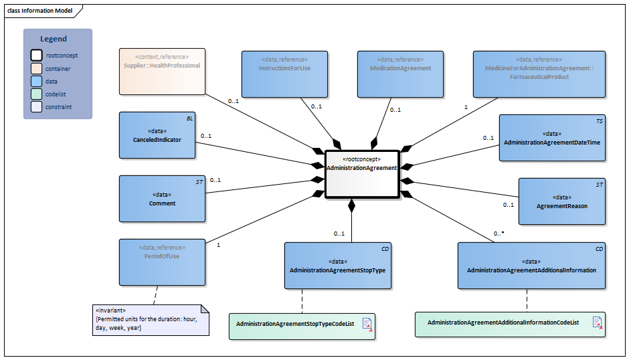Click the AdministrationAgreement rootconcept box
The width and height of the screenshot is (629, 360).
tap(361, 173)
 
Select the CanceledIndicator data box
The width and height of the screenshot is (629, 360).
tap(157, 135)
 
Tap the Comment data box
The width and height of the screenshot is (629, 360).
tap(162, 199)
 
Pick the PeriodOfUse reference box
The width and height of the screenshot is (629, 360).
tap(162, 262)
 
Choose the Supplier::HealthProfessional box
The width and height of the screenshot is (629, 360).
tap(162, 71)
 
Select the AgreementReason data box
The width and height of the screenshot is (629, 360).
tap(562, 201)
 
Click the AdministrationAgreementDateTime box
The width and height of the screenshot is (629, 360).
tap(552, 138)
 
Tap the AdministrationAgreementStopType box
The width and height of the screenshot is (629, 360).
tap(337, 266)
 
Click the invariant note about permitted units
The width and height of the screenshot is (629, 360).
tap(151, 319)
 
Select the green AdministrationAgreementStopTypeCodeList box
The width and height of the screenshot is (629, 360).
tap(301, 325)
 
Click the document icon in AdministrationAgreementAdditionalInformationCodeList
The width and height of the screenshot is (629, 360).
tap(596, 323)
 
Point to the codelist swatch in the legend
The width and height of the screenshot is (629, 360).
tap(36, 94)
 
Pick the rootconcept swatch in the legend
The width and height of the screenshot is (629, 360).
tap(36, 56)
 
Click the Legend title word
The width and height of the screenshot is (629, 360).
tap(54, 39)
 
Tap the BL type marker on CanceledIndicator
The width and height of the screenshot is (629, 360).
tap(189, 117)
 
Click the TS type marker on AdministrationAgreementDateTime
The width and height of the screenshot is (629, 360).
tap(599, 121)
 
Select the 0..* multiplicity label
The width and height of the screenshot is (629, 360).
tap(499, 234)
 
